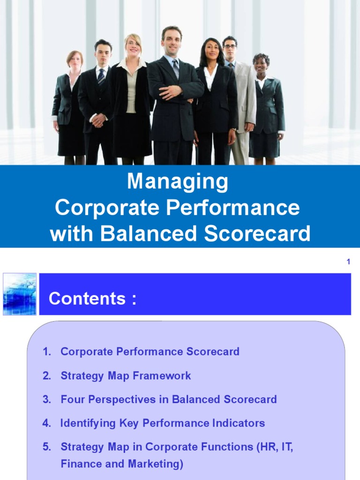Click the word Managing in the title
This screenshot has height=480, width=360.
point(177,182)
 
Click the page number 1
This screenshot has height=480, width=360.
point(348,262)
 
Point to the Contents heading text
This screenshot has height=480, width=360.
point(92,299)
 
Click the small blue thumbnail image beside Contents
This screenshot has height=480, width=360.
point(19,294)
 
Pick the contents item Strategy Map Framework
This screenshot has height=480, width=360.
point(126,376)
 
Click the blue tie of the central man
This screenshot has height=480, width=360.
point(175,68)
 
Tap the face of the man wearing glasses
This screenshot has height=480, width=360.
point(230,48)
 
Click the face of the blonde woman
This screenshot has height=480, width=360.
point(133,46)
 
